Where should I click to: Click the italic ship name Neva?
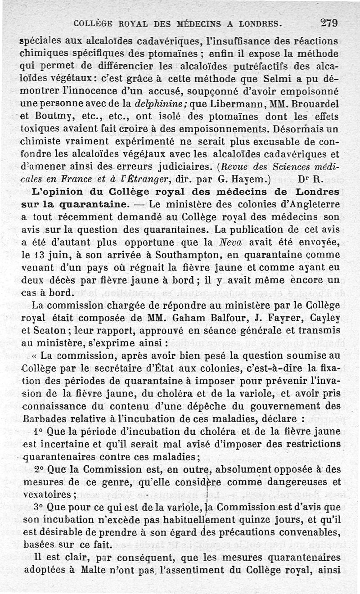click(x=230, y=242)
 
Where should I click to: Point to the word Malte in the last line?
click(x=94, y=570)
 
